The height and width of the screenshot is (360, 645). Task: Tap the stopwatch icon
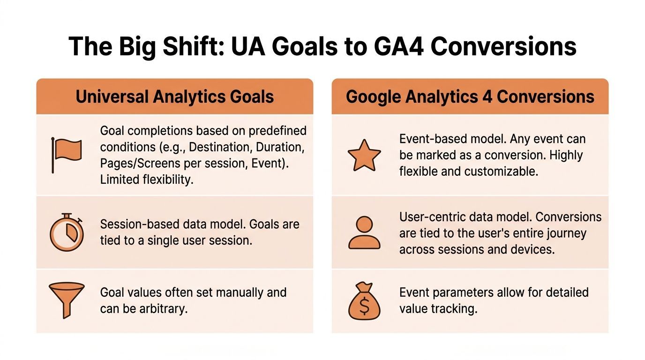click(x=67, y=232)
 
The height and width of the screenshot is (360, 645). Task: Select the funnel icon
click(x=67, y=300)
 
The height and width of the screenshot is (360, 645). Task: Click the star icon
click(x=364, y=156)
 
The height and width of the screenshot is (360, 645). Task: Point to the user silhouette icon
click(x=364, y=232)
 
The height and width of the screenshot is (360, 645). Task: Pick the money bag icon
click(x=364, y=301)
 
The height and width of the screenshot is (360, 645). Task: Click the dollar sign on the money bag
click(x=364, y=306)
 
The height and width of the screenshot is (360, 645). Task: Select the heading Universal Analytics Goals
click(x=174, y=97)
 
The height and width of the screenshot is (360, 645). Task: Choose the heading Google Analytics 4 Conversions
click(x=470, y=97)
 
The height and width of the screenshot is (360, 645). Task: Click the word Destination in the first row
click(x=219, y=148)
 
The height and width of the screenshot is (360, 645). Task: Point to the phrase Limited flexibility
click(x=147, y=180)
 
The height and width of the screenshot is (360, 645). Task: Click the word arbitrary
click(x=164, y=309)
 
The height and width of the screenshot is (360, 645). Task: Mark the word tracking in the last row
click(x=454, y=309)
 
